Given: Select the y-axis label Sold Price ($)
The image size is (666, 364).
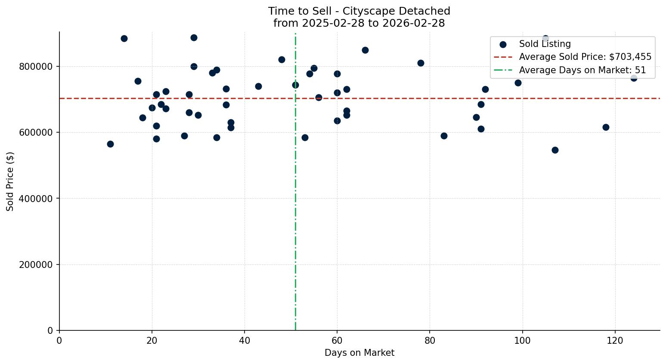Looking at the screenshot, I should click(x=10, y=181).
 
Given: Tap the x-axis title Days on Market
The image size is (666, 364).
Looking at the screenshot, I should click(x=359, y=353).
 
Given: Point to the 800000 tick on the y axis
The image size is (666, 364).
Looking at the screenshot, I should click(x=36, y=67).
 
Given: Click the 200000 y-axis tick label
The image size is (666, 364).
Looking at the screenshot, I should click(x=36, y=264).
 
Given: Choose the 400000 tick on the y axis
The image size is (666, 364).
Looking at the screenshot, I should click(x=36, y=199).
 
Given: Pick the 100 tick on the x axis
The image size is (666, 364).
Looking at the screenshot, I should click(x=522, y=340).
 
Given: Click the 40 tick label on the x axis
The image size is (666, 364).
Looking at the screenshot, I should click(x=245, y=340).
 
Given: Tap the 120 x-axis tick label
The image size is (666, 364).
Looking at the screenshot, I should click(x=615, y=340).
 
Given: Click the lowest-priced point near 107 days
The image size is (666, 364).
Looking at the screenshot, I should click(x=555, y=150).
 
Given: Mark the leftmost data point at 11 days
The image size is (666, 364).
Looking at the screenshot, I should click(x=110, y=144).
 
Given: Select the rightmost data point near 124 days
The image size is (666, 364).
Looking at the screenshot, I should click(x=634, y=78).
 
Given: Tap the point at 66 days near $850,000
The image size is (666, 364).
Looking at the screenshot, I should click(x=365, y=50).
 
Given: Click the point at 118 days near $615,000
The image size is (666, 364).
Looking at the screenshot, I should click(x=606, y=127).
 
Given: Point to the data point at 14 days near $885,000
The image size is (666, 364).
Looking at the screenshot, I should click(x=124, y=38).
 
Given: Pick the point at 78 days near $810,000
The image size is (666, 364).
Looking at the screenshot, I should click(x=421, y=63).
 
